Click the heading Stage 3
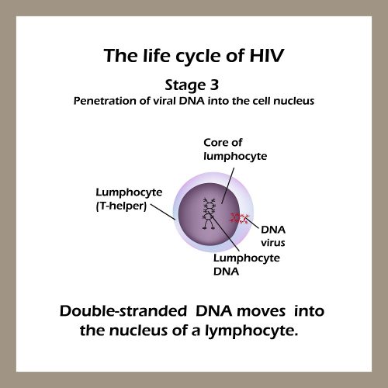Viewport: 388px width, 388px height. [x=194, y=85]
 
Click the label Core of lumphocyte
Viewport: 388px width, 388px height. [x=234, y=150]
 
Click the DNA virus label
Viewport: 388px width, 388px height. [x=272, y=236]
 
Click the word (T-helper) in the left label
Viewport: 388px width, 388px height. [x=120, y=205]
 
